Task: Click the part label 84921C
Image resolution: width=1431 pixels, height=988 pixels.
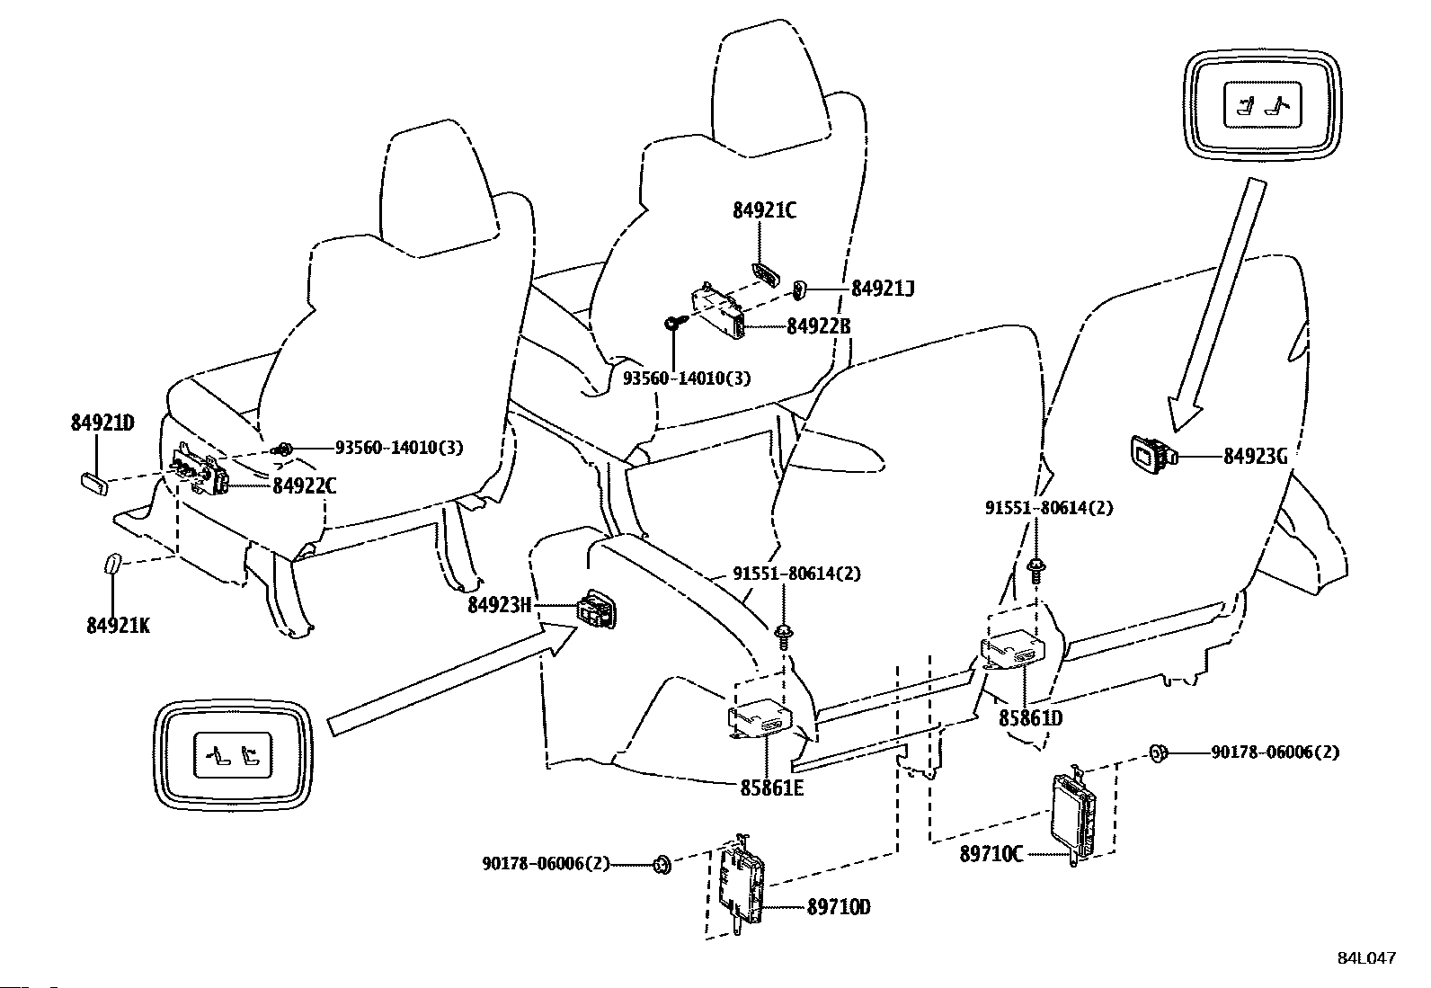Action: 764,210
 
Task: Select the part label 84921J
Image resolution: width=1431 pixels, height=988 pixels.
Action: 882,289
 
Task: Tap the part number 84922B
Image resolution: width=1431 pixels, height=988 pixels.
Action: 818,326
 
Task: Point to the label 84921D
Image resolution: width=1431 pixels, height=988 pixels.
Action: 102,423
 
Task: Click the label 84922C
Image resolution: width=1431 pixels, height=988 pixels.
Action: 304,485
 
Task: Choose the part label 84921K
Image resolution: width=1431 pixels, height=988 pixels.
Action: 118,625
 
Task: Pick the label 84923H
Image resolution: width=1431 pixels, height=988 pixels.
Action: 499,604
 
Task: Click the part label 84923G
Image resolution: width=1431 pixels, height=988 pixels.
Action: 1256,457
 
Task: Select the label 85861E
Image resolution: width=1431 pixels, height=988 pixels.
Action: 772,788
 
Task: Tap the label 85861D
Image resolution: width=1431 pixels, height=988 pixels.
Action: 1030,717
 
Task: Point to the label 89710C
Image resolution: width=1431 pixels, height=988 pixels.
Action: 991,853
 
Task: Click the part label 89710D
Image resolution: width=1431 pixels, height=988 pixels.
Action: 838,907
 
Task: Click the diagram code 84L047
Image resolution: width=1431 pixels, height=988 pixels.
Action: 1367,958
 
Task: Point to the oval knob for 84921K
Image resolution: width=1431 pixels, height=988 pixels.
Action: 112,565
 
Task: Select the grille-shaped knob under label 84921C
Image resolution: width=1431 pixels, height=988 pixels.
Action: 766,273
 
